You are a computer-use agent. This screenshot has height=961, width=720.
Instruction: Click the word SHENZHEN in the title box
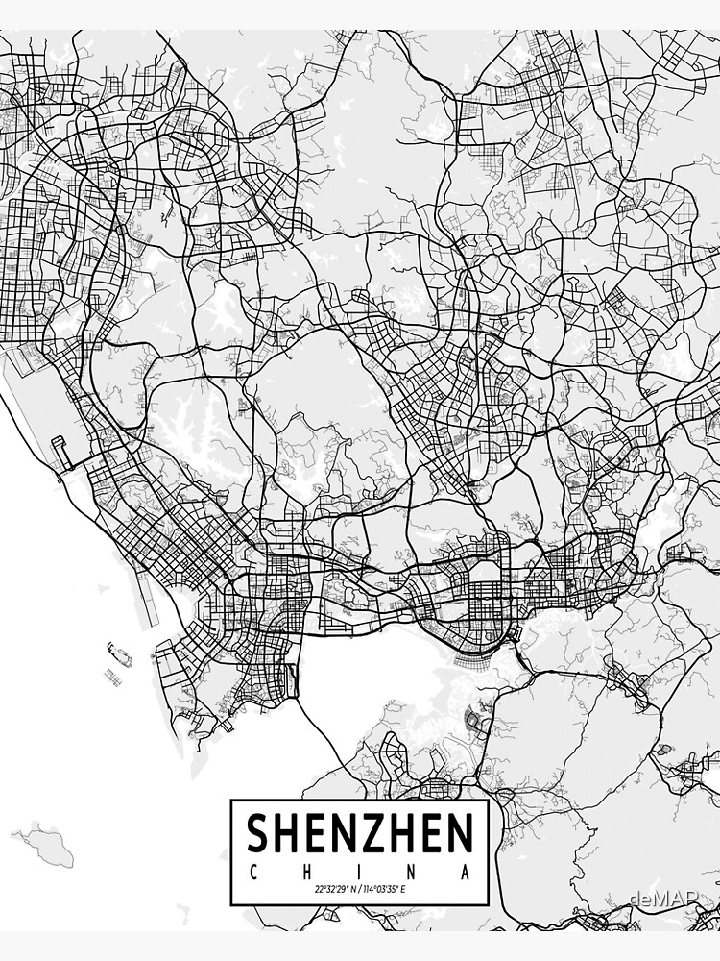(360, 833)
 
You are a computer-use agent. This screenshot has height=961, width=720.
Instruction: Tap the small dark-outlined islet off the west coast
(113, 676)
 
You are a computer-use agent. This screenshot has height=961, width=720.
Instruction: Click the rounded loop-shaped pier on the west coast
(60, 452)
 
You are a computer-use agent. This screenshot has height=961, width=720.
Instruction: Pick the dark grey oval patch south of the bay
(472, 716)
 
